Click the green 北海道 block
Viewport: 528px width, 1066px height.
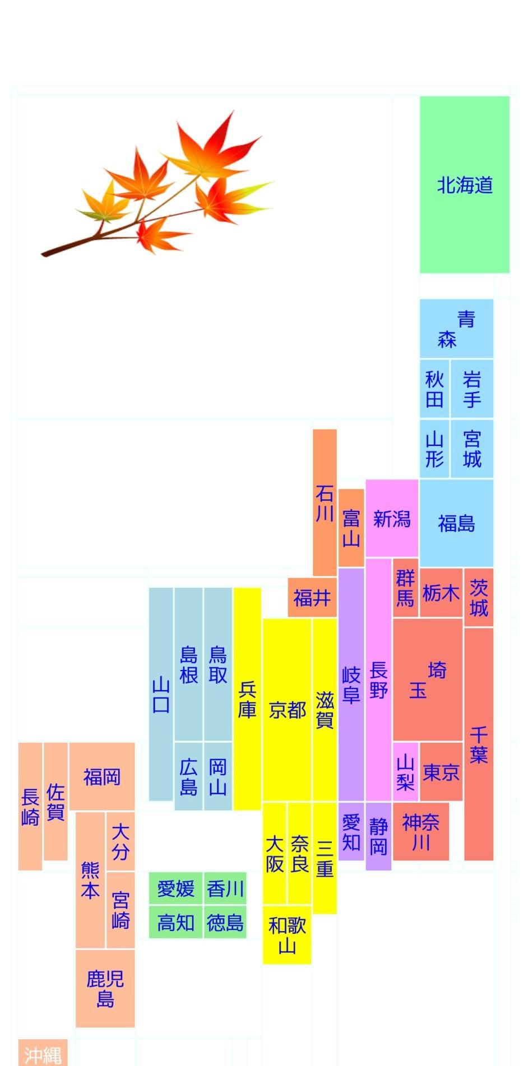click(464, 184)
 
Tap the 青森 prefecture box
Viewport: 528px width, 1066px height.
click(456, 329)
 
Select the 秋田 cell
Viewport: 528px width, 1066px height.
click(434, 389)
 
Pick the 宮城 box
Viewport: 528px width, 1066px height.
click(471, 449)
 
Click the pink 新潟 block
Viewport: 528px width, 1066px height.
click(392, 518)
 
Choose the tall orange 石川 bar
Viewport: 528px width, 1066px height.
click(325, 502)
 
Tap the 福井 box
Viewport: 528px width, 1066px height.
click(312, 598)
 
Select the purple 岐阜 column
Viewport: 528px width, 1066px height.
click(351, 685)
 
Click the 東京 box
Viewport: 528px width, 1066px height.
click(441, 772)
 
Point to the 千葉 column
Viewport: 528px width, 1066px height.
click(478, 744)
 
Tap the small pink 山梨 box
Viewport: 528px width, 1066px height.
click(405, 772)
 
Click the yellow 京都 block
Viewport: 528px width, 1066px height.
click(286, 710)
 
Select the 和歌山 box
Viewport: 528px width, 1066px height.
click(286, 934)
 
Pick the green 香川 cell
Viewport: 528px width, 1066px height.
click(225, 888)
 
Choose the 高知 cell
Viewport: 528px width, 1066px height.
click(175, 921)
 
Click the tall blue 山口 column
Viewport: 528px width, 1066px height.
click(161, 694)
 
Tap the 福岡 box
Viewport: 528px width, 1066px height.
click(101, 776)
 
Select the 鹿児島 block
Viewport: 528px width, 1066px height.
click(105, 988)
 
